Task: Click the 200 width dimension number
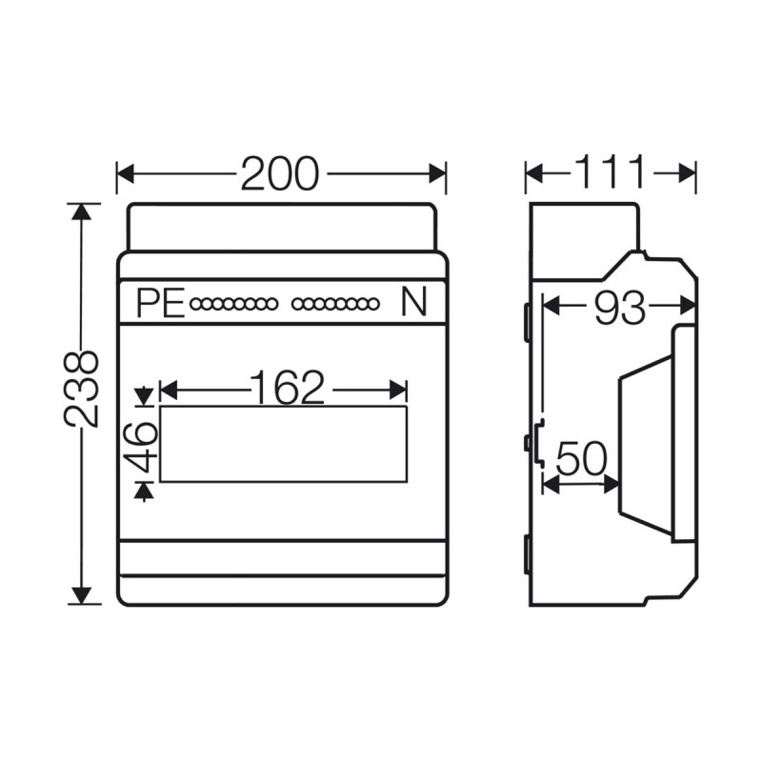click(279, 173)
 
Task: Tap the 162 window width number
click(287, 388)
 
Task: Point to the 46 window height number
click(143, 446)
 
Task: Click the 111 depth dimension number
click(610, 173)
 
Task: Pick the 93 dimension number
click(619, 307)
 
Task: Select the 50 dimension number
click(581, 460)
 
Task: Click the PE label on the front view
click(159, 304)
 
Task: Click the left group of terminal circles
click(233, 305)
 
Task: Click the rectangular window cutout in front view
click(283, 444)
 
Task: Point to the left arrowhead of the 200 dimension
click(125, 173)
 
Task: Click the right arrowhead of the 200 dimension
click(437, 173)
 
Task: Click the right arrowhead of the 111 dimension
click(688, 173)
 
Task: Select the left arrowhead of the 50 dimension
click(550, 484)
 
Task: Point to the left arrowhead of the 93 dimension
click(551, 307)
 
